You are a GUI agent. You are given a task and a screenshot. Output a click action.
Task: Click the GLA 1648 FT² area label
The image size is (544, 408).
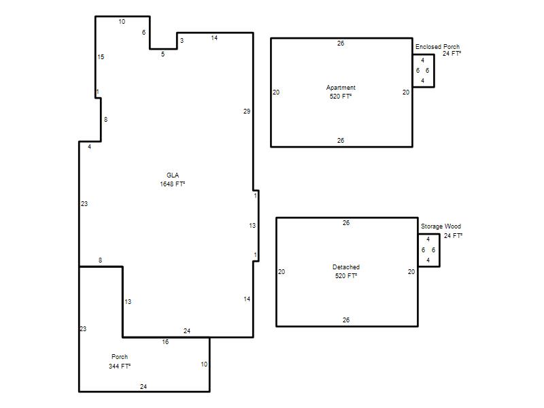[x=173, y=180]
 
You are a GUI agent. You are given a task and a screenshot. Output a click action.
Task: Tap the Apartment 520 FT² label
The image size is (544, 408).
[x=341, y=92]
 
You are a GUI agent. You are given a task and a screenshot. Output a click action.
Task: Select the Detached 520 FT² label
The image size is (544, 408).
[x=346, y=271]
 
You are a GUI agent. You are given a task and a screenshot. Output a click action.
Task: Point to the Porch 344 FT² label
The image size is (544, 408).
[x=120, y=361]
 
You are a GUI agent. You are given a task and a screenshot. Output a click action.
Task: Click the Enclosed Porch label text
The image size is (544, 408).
[x=437, y=46]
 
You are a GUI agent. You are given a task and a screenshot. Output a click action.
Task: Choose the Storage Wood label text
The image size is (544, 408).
[x=441, y=226]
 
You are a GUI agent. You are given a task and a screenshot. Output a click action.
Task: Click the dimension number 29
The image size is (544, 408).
[x=247, y=112]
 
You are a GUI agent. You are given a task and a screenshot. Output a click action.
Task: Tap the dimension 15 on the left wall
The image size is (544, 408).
[x=101, y=57]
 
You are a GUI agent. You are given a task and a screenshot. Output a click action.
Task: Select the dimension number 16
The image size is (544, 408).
[x=165, y=342]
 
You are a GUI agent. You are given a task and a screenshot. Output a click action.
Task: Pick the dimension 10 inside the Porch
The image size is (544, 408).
[x=204, y=364]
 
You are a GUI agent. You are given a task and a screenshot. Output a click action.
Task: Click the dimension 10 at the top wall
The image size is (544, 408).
[x=122, y=22]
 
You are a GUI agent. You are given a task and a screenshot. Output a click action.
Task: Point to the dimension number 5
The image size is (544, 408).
[x=163, y=54]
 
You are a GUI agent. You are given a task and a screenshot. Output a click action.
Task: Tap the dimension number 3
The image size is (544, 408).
[x=182, y=41]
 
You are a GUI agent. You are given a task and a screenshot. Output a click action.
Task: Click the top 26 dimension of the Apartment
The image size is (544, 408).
[x=341, y=44]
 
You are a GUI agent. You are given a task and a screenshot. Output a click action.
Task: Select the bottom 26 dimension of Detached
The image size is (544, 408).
[x=346, y=320]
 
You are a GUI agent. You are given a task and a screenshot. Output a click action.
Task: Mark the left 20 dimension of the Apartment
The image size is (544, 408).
[x=276, y=92]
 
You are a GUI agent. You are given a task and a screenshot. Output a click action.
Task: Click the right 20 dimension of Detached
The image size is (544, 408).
[x=411, y=271]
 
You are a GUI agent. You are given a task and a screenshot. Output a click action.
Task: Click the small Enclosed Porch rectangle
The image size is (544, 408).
[x=434, y=71]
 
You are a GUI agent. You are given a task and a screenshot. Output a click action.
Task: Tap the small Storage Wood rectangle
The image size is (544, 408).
[x=439, y=250]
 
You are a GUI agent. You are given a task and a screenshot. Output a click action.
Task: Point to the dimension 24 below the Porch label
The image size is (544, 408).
[x=143, y=386]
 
